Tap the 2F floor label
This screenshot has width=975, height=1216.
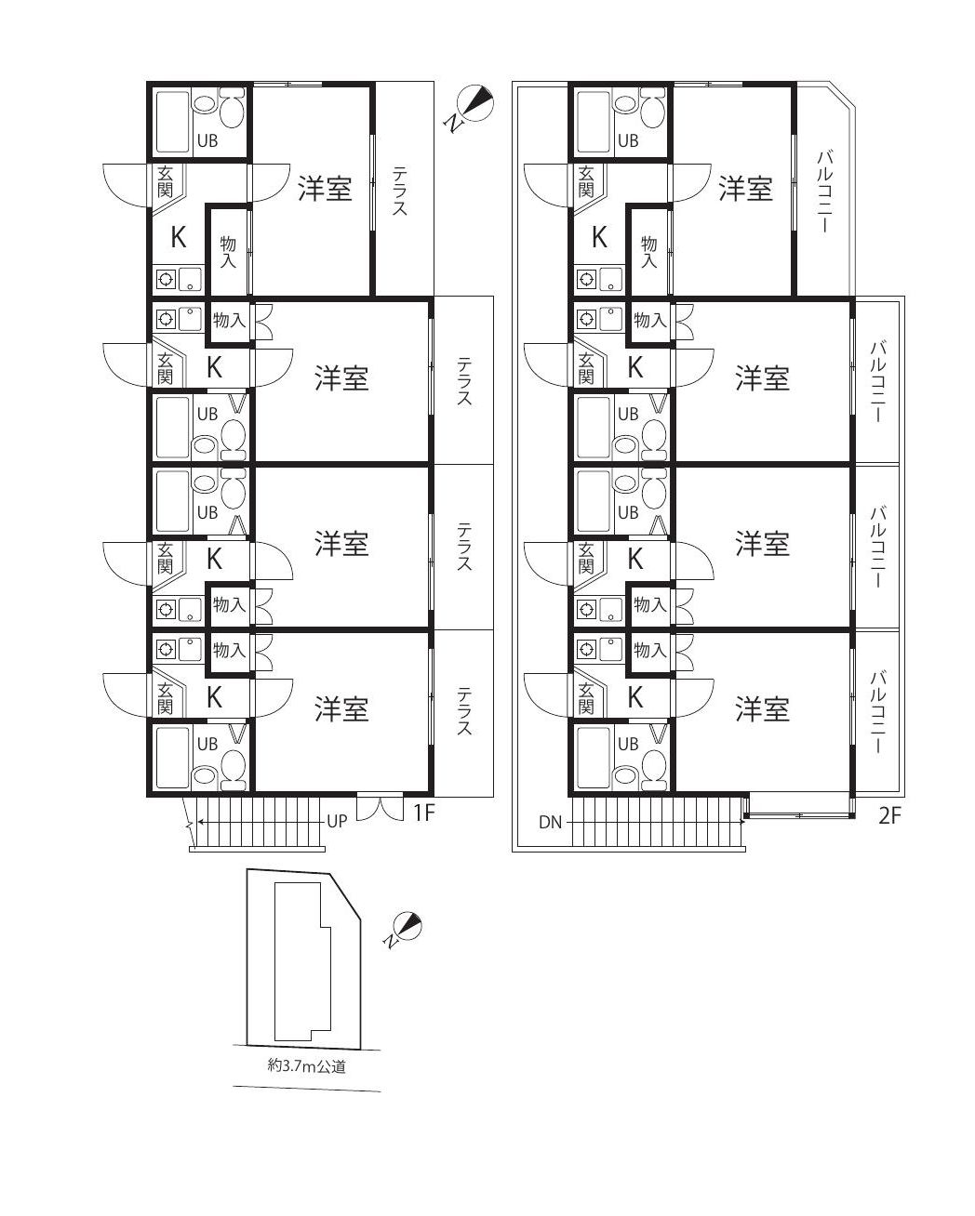pyautogui.click(x=889, y=815)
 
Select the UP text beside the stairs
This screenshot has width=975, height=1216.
pyautogui.click(x=337, y=822)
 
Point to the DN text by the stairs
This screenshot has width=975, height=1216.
pyautogui.click(x=550, y=822)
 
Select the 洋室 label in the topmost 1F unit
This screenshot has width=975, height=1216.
pyautogui.click(x=325, y=189)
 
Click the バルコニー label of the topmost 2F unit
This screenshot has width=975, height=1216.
pyautogui.click(x=824, y=192)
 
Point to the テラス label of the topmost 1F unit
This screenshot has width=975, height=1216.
pyautogui.click(x=399, y=191)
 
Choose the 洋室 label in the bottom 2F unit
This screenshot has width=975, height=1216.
pyautogui.click(x=762, y=709)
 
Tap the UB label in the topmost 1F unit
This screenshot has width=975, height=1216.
pyautogui.click(x=207, y=140)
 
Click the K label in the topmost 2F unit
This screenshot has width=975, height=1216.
pyautogui.click(x=599, y=237)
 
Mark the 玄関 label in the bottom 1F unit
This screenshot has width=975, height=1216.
pyautogui.click(x=165, y=698)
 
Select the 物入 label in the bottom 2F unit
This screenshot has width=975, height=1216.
pyautogui.click(x=649, y=651)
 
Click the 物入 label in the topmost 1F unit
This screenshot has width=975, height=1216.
pyautogui.click(x=228, y=252)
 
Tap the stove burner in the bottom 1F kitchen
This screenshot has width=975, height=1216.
pyautogui.click(x=166, y=649)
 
